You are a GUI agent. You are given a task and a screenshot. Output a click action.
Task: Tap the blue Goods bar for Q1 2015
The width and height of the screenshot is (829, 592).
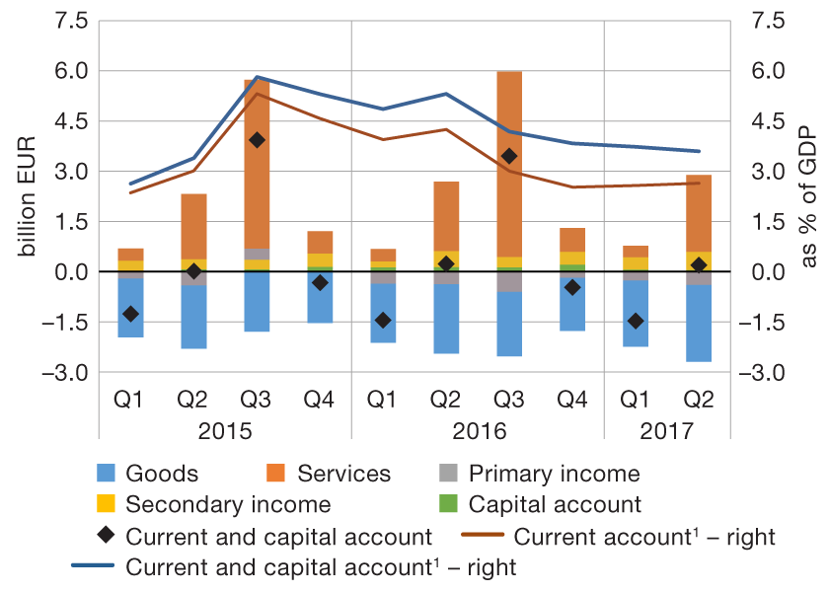point(130,308)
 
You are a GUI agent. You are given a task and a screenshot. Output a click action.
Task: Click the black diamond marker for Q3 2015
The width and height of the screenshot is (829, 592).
point(257,140)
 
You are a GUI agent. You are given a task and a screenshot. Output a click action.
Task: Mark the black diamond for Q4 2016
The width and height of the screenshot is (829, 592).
point(572,287)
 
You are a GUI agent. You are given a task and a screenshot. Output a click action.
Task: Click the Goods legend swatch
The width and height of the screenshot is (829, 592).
point(112,474)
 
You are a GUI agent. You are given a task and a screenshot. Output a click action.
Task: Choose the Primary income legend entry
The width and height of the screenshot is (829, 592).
point(554,474)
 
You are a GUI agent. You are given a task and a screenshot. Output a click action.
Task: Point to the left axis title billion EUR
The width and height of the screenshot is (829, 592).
point(27,193)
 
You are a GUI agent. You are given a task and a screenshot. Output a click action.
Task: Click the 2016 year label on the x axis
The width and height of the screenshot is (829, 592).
point(478,432)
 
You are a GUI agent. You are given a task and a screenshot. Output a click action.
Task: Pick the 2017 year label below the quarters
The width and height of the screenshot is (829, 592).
point(667,432)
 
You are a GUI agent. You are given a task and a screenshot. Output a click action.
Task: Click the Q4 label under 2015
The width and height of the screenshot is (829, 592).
point(320,401)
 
